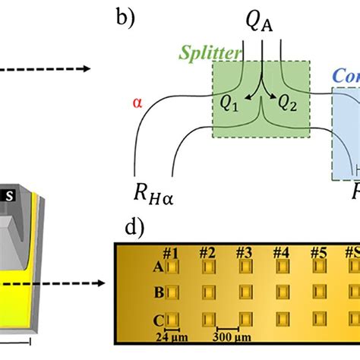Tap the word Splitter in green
pyautogui.click(x=210, y=52)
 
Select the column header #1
pyautogui.click(x=171, y=253)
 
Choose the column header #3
pyautogui.click(x=244, y=253)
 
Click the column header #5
pyautogui.click(x=317, y=253)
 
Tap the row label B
pyautogui.click(x=158, y=292)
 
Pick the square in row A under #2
pyautogui.click(x=209, y=267)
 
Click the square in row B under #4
pyautogui.click(x=282, y=292)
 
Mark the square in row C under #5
pyautogui.click(x=317, y=318)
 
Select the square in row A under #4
pyautogui.click(x=282, y=267)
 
